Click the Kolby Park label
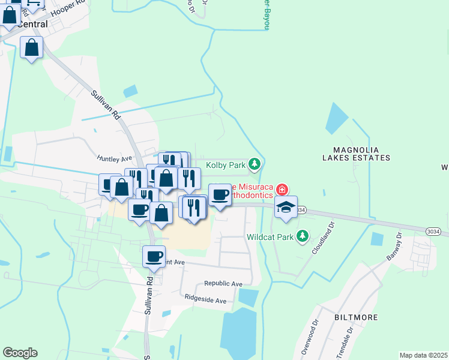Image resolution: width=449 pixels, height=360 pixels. pos(226,164)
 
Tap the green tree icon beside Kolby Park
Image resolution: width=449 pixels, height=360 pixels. pos(255,164)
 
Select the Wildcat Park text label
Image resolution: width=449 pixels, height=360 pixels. pos(270,237)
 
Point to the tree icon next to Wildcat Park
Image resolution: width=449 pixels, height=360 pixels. pos(303,236)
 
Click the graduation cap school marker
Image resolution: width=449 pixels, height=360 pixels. pos(286,207)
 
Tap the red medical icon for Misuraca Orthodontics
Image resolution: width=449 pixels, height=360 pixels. pos(282,190)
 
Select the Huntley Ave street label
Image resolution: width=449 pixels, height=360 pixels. pos(114,158)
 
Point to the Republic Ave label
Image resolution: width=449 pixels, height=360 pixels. pos(223,283)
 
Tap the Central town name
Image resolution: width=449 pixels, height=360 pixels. pos(32,25)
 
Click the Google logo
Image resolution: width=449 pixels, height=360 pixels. pos(20,353)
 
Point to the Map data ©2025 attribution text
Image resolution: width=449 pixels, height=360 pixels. pos(423,355)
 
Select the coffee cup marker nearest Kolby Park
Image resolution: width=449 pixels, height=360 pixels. pos(220,194)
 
